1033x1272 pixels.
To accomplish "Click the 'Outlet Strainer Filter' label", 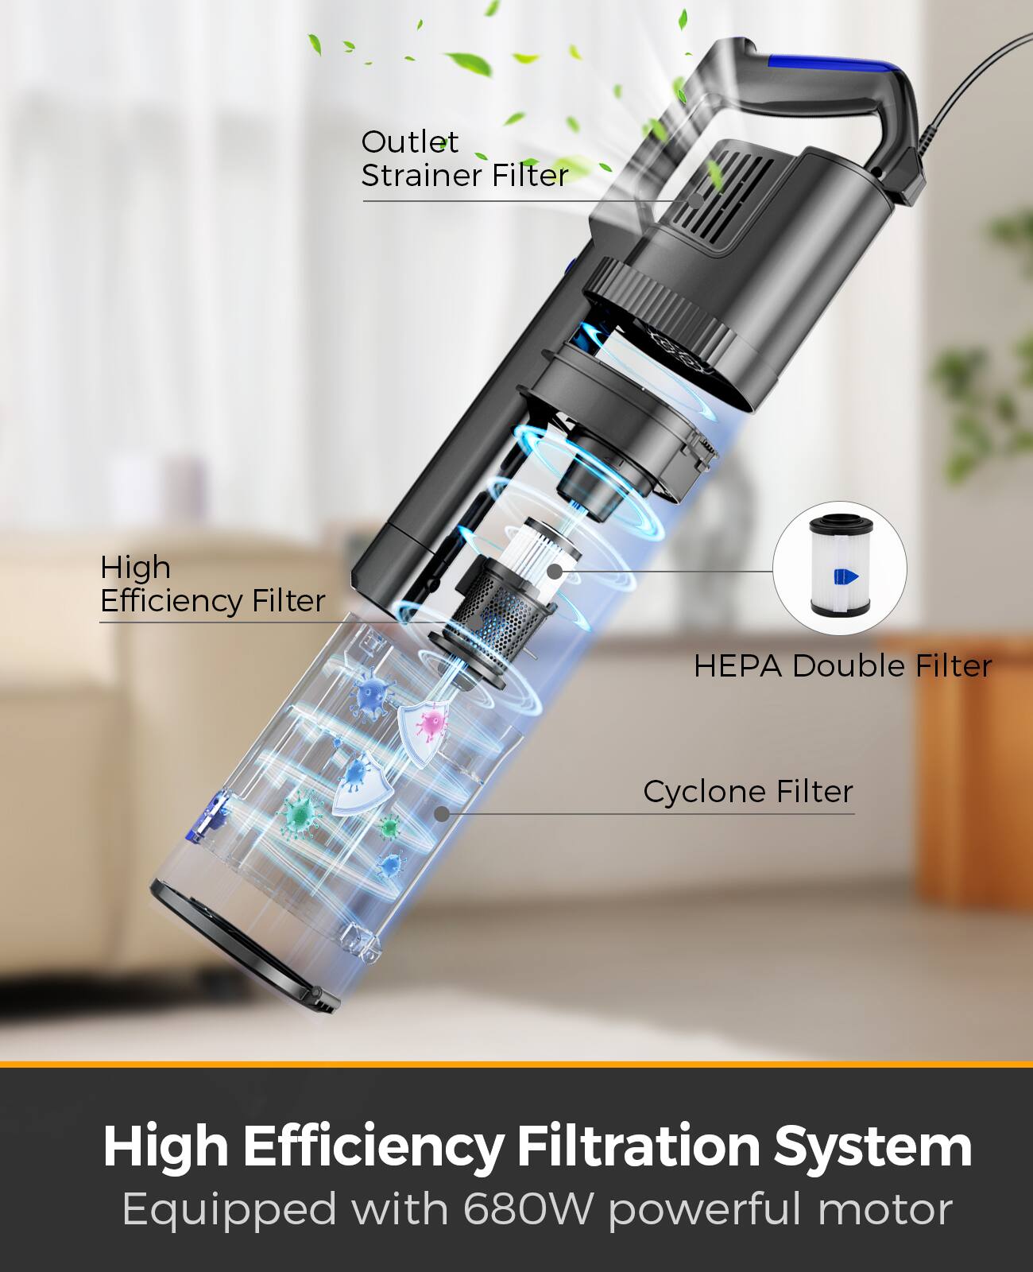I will [x=464, y=159].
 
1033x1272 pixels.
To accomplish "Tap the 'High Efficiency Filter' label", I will [x=212, y=584].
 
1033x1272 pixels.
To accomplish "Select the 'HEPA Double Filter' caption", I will [x=842, y=666].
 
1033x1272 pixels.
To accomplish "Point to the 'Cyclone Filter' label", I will [x=748, y=792].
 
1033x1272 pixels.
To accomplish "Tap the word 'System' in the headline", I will [x=872, y=1146].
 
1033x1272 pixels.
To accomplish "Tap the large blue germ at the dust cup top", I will [x=371, y=693].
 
